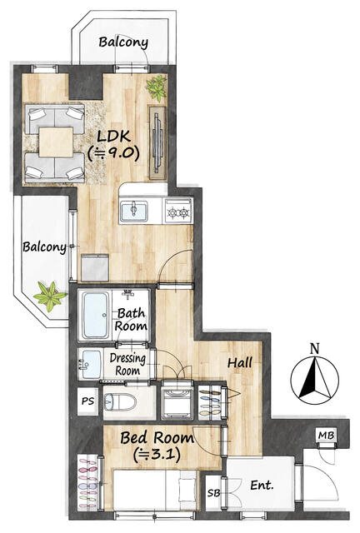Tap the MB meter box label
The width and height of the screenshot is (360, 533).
[x=327, y=435]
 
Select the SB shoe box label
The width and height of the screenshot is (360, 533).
[x=213, y=492]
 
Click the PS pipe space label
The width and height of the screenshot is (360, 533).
[x=87, y=401]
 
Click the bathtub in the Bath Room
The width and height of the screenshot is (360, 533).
[x=96, y=315]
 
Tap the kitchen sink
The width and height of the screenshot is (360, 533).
[x=133, y=211]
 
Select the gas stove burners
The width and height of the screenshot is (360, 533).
[x=178, y=212]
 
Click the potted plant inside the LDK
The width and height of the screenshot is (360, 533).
[x=157, y=87]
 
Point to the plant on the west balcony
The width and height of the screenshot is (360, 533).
[x=50, y=296]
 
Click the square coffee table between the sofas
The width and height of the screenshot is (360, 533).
[x=56, y=142]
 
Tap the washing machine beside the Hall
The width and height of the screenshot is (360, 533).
[x=177, y=401]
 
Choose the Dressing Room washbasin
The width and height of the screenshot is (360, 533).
[x=91, y=365]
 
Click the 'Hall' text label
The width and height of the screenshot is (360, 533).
[x=239, y=362]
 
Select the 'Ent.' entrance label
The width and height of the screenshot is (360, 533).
[x=262, y=485]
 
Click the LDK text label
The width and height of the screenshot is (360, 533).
[x=113, y=137]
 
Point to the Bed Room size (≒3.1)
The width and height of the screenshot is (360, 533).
[x=157, y=454]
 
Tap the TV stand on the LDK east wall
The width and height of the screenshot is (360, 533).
[x=157, y=142]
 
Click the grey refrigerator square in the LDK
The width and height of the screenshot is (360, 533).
[x=95, y=267]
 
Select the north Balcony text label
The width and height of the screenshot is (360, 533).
[x=123, y=42]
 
